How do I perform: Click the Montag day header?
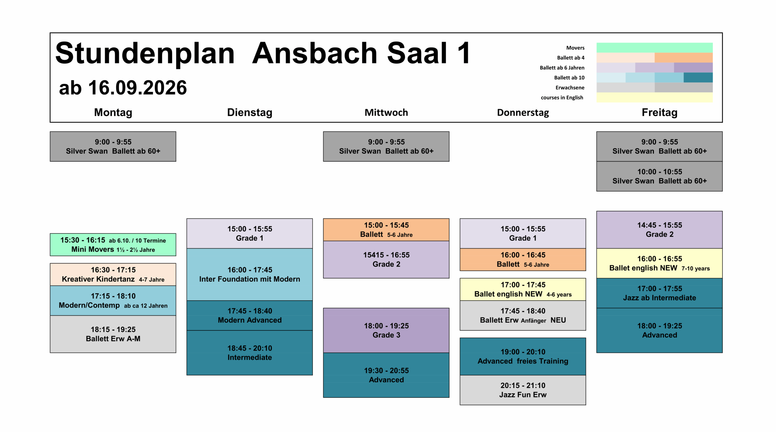(x=113, y=112)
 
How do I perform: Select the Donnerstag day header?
(x=523, y=113)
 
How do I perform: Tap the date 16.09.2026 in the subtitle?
(x=137, y=88)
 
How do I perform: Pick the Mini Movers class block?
(x=113, y=245)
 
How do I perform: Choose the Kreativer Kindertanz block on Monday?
(x=113, y=274)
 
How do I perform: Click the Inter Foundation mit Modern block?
(x=249, y=274)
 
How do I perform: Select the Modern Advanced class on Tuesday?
(x=249, y=315)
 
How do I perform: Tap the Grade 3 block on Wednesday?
(x=386, y=330)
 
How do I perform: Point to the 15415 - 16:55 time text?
(x=386, y=255)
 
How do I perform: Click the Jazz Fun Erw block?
(x=523, y=390)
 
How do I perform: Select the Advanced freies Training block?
(x=523, y=356)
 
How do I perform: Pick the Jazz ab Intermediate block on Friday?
(x=660, y=293)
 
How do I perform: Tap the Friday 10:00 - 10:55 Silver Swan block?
(x=660, y=176)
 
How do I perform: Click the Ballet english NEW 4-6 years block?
(x=523, y=289)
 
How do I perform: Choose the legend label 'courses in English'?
(x=562, y=97)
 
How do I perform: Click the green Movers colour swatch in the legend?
(x=655, y=48)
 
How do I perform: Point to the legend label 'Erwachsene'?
(x=570, y=87)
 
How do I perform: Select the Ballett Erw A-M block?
(x=113, y=334)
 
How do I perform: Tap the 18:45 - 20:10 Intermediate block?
(x=249, y=353)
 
